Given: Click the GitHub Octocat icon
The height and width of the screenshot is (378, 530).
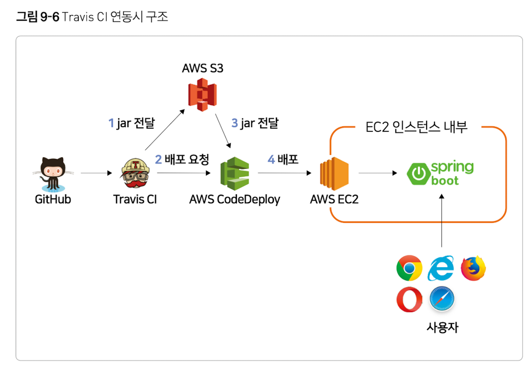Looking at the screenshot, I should (x=53, y=174).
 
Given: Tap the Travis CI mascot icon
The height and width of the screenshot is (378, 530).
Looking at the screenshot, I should (x=135, y=173).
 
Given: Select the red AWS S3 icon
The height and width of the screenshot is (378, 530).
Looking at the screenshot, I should (x=202, y=95).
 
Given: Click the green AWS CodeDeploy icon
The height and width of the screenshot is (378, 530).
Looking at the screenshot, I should (x=235, y=174).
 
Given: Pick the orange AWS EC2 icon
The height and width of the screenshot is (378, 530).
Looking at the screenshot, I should (x=334, y=174).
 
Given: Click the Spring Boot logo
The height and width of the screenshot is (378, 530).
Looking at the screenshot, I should (x=440, y=173).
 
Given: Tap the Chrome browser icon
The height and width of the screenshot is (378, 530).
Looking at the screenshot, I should (x=409, y=268).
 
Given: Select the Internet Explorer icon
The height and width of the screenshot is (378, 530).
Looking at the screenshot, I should (x=441, y=268).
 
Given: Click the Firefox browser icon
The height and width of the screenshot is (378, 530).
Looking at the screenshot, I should (x=473, y=268).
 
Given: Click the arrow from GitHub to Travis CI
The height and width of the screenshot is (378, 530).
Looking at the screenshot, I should (x=96, y=173).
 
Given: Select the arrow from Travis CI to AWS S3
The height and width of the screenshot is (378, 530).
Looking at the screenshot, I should (x=165, y=130).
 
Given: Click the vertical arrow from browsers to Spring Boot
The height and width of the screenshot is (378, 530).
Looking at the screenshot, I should (x=441, y=220).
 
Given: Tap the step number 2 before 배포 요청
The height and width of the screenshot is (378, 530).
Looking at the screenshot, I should (x=158, y=159).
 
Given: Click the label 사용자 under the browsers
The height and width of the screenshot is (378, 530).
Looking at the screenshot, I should (x=442, y=327).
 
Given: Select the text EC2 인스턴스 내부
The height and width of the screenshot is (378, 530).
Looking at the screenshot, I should (x=416, y=127).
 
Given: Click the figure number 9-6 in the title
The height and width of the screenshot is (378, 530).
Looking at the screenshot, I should (x=50, y=17).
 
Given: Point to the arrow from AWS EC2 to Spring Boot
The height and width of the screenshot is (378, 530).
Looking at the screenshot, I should (x=377, y=173).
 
